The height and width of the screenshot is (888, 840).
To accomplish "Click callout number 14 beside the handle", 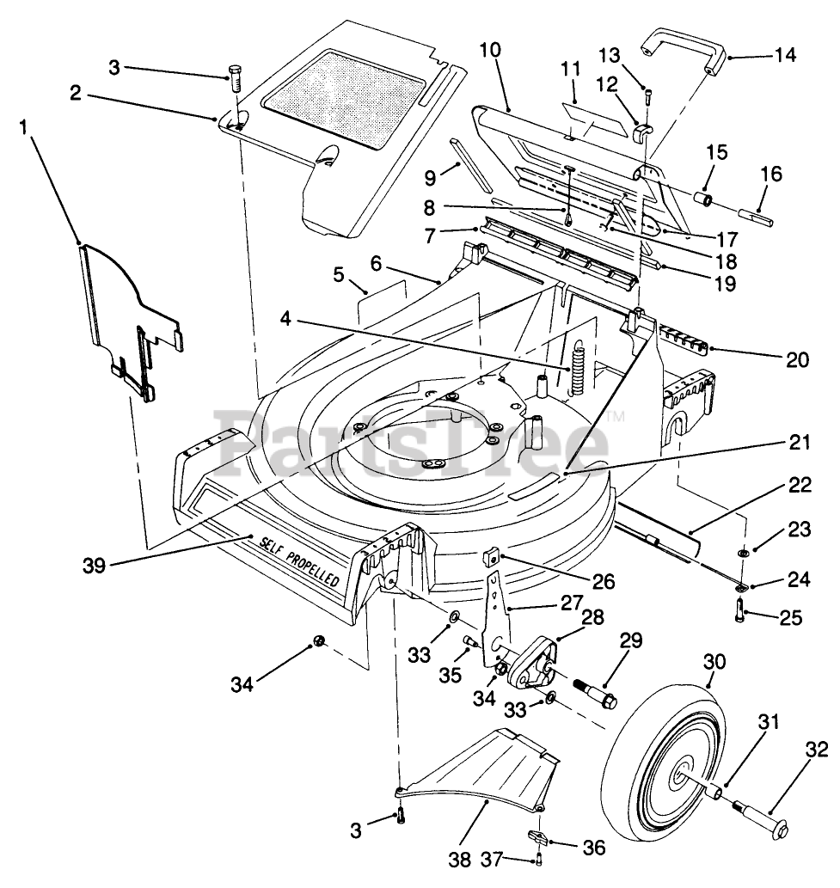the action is (785, 56).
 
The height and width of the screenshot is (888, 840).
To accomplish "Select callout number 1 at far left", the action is (23, 127).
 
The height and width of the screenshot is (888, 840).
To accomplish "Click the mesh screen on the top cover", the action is (345, 100).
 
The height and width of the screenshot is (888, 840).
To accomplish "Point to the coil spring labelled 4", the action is (578, 365).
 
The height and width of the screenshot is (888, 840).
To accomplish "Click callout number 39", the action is (94, 565).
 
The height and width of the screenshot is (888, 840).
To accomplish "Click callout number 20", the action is (798, 359).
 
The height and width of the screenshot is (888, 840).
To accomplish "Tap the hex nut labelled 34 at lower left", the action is (319, 641).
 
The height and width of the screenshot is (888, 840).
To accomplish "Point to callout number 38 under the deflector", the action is (459, 860).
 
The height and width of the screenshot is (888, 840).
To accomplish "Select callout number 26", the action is (604, 581).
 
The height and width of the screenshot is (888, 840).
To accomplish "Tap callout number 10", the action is (491, 50).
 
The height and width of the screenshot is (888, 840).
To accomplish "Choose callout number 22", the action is (800, 485).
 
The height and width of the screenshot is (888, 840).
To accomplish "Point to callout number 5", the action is (338, 275).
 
